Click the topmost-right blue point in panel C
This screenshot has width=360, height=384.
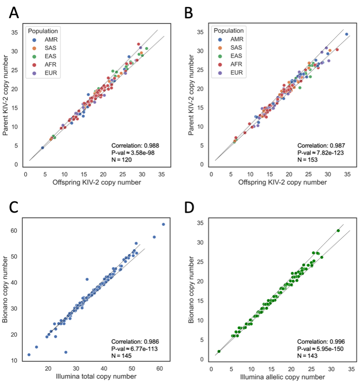click(163, 224)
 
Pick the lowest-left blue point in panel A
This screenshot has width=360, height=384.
click(43, 147)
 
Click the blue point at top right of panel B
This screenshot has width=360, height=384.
click(346, 34)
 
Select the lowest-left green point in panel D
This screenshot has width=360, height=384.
click(219, 351)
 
